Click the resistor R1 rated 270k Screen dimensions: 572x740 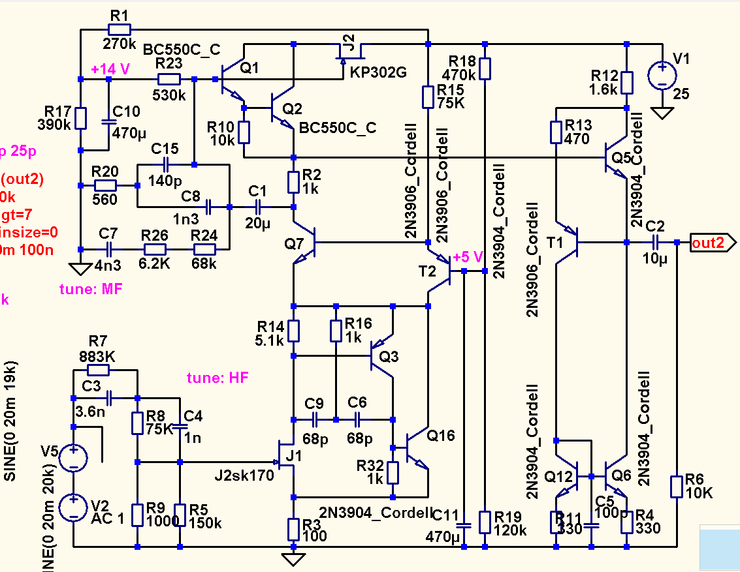[119, 29]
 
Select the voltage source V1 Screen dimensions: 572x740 [662, 76]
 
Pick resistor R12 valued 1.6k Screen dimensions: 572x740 [626, 82]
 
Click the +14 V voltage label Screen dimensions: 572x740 [110, 68]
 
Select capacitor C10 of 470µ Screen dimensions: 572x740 [108, 122]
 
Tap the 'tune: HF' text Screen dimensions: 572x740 [217, 378]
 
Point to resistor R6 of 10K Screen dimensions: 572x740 [677, 487]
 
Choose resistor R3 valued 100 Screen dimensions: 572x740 [293, 528]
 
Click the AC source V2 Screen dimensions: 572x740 [73, 507]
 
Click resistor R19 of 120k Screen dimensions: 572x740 [484, 522]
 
